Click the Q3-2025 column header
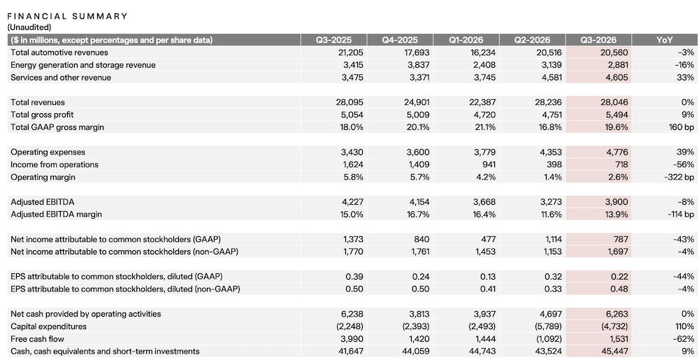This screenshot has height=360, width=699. click(x=333, y=40)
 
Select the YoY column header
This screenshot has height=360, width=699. click(x=664, y=40)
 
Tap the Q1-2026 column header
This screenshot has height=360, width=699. click(x=466, y=40)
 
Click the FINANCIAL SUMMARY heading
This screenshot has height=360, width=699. click(x=67, y=17)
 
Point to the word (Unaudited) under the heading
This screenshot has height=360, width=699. click(x=29, y=27)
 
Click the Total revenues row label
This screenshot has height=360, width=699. click(x=38, y=103)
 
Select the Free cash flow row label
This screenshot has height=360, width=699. click(x=37, y=339)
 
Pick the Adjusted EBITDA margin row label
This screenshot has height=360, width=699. click(x=56, y=215)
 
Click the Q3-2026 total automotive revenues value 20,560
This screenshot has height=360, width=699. click(x=614, y=52)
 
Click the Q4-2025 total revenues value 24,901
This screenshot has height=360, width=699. click(x=415, y=103)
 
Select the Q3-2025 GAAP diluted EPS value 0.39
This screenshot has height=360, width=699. click(x=354, y=277)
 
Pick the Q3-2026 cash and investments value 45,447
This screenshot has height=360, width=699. click(x=614, y=352)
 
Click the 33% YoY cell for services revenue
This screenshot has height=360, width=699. click(x=686, y=78)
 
